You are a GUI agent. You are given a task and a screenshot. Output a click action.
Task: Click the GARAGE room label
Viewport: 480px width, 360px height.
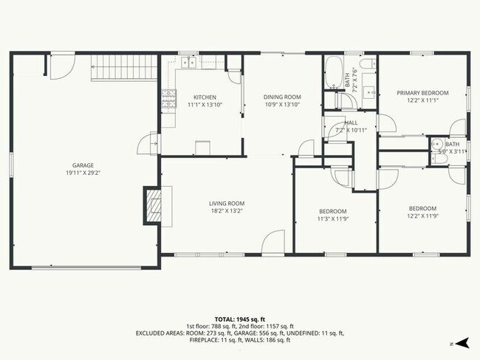tap(83, 165)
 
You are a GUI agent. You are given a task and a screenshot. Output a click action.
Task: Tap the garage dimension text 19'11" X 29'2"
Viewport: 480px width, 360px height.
tap(83, 173)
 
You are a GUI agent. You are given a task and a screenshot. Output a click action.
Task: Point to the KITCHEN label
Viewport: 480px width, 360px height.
tap(205, 97)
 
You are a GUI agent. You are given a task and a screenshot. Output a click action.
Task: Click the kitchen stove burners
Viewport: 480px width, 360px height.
tap(168, 98)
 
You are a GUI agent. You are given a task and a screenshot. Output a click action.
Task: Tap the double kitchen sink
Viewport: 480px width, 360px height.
tap(188, 63)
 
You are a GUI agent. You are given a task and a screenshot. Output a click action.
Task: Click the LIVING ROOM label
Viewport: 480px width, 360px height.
tap(226, 204)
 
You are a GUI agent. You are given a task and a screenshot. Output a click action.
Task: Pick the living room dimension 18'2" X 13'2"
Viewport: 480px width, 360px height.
tap(226, 211)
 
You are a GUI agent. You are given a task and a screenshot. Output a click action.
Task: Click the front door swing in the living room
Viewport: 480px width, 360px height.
tap(274, 243)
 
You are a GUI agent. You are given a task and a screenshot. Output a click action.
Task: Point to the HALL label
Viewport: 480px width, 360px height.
tap(351, 122)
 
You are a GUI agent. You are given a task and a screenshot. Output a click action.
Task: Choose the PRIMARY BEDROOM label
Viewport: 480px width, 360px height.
tap(422, 93)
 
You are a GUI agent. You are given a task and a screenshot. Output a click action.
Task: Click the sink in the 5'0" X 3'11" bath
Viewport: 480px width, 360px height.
tap(436, 145)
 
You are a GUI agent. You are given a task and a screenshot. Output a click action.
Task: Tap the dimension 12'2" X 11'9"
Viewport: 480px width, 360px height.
tap(422, 216)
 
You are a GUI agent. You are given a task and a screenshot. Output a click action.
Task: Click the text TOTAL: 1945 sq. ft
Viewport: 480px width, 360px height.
tap(239, 317)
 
